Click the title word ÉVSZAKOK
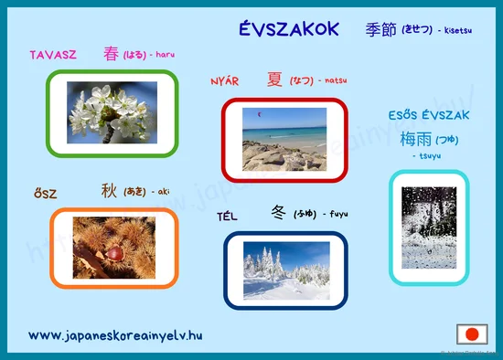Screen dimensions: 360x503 point(288,29)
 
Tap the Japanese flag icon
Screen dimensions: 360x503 point(473,334)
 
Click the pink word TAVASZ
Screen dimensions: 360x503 point(53,55)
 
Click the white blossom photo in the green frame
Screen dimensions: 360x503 point(112,112)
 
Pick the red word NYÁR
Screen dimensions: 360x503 point(224,80)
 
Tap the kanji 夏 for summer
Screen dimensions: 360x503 point(274,79)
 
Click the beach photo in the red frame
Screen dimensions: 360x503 point(284,139)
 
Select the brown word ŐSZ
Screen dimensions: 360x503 point(45,194)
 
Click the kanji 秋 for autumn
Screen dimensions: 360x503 point(109,192)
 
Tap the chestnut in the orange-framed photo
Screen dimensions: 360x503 point(113,253)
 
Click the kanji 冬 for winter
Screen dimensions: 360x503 point(279,214)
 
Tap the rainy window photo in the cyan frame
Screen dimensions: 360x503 point(429,228)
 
